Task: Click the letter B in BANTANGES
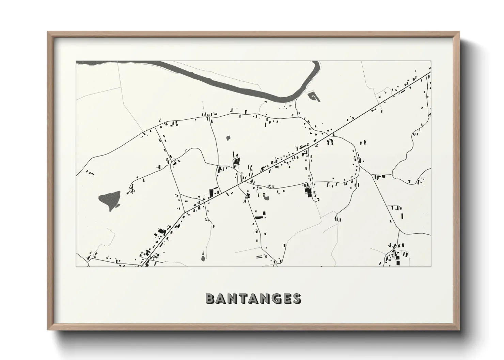coord(210,299)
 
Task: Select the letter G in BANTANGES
coord(275,299)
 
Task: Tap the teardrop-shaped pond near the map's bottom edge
coord(203,257)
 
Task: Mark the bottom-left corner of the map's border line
coord(76,266)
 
